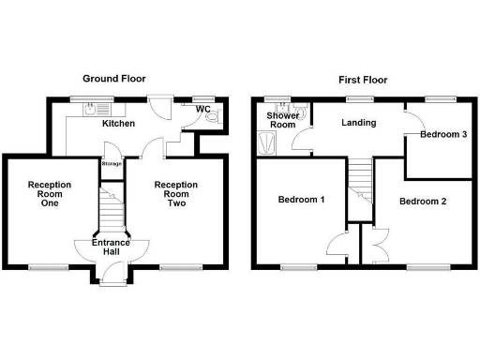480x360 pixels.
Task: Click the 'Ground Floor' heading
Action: coord(113,79)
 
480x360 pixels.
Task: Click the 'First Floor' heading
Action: coord(362,80)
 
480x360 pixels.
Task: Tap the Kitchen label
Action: coord(117,124)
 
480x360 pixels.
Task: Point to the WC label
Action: coord(202,109)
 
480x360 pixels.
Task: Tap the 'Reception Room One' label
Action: coord(49,195)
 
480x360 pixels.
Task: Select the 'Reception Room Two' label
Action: coord(175,195)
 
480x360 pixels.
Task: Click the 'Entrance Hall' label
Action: coord(112,248)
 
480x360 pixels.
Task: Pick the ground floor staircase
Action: coord(112,211)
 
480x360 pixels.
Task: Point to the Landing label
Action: coord(358,123)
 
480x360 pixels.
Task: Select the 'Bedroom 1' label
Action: coord(302,200)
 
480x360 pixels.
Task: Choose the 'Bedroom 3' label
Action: coord(443,135)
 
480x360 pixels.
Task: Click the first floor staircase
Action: coord(360,183)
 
